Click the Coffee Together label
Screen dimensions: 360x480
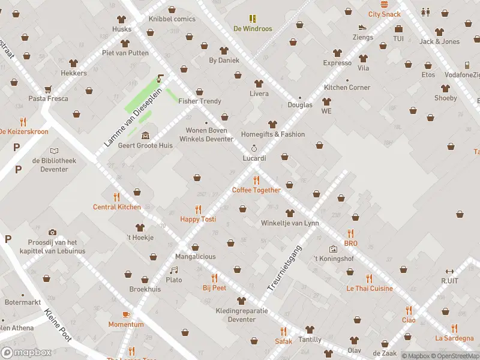coord(256,190)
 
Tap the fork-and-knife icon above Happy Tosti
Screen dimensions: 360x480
coord(198,209)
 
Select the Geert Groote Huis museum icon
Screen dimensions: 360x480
coord(146,135)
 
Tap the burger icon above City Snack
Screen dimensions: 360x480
coord(384,4)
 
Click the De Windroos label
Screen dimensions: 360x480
coord(253,29)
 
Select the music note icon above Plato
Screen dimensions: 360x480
coord(174,270)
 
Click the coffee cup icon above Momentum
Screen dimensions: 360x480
coord(126,314)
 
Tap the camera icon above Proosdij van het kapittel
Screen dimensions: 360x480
coord(52,232)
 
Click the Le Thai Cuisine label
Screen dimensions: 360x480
coord(369,289)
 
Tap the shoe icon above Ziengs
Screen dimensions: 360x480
coord(362,27)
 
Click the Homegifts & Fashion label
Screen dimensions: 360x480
coord(272,134)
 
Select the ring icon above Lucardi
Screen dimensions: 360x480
coord(254,148)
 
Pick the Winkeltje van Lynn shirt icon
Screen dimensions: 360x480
coord(290,213)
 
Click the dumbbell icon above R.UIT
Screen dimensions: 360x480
coord(449,271)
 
